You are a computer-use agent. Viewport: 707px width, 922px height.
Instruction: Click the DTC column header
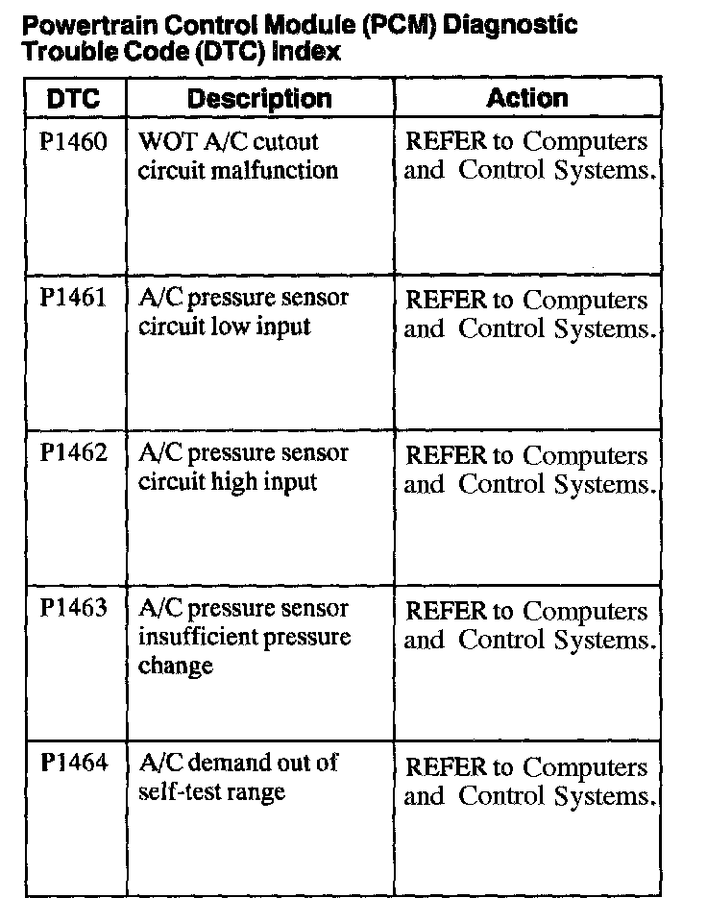(x=73, y=98)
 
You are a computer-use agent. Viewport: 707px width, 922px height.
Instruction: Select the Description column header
(x=259, y=98)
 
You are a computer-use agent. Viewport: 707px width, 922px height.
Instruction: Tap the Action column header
(x=527, y=97)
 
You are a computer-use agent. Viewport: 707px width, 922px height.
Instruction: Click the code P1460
(x=73, y=142)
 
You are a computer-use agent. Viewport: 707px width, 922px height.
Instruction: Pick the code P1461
(x=73, y=298)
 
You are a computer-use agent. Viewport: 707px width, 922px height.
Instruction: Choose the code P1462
(x=73, y=453)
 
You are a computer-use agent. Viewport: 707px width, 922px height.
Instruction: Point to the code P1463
(x=73, y=609)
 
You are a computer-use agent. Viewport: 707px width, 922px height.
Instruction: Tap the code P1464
(x=73, y=764)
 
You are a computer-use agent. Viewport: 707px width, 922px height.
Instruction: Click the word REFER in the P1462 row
(x=446, y=454)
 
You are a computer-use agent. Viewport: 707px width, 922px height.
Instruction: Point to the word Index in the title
(x=307, y=52)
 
